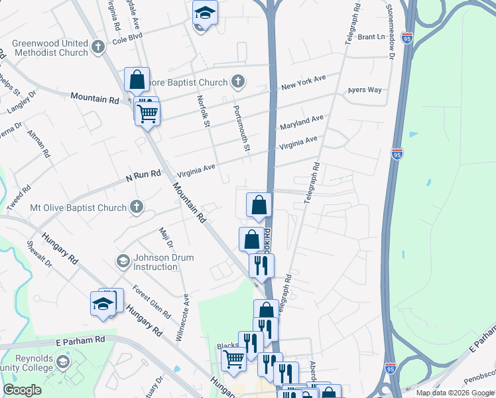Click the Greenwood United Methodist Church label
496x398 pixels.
50,48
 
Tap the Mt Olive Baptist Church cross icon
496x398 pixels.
136,208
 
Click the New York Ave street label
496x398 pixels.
303,82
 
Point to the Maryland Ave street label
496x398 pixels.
301,122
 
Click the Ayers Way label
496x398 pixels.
365,90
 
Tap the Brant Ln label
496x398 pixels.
371,37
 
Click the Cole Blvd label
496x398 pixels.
127,40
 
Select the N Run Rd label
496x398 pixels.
143,176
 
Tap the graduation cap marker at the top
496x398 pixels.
205,13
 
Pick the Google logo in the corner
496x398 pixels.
22,390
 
